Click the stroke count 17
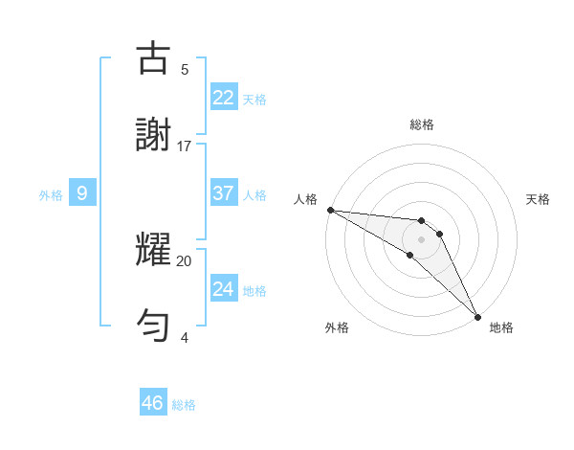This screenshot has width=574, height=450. click(x=185, y=146)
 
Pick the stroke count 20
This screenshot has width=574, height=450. click(x=185, y=260)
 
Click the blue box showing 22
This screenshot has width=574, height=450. click(x=223, y=98)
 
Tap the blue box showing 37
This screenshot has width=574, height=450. click(x=223, y=193)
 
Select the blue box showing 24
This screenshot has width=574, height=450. click(x=223, y=289)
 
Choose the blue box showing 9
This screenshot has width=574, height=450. click(x=82, y=193)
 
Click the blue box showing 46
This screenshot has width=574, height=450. click(x=153, y=403)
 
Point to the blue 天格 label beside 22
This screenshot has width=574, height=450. click(x=254, y=100)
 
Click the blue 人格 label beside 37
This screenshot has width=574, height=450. click(x=254, y=195)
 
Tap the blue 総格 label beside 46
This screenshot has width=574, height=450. click(x=184, y=405)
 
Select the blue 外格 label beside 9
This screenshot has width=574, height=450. click(x=51, y=195)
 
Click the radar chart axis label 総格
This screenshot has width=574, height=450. click(x=421, y=124)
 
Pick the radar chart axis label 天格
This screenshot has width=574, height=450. click(x=538, y=199)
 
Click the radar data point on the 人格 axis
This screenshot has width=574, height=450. click(x=330, y=210)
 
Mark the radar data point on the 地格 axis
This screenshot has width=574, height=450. click(x=476, y=315)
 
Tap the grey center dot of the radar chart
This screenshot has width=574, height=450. click(x=421, y=239)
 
